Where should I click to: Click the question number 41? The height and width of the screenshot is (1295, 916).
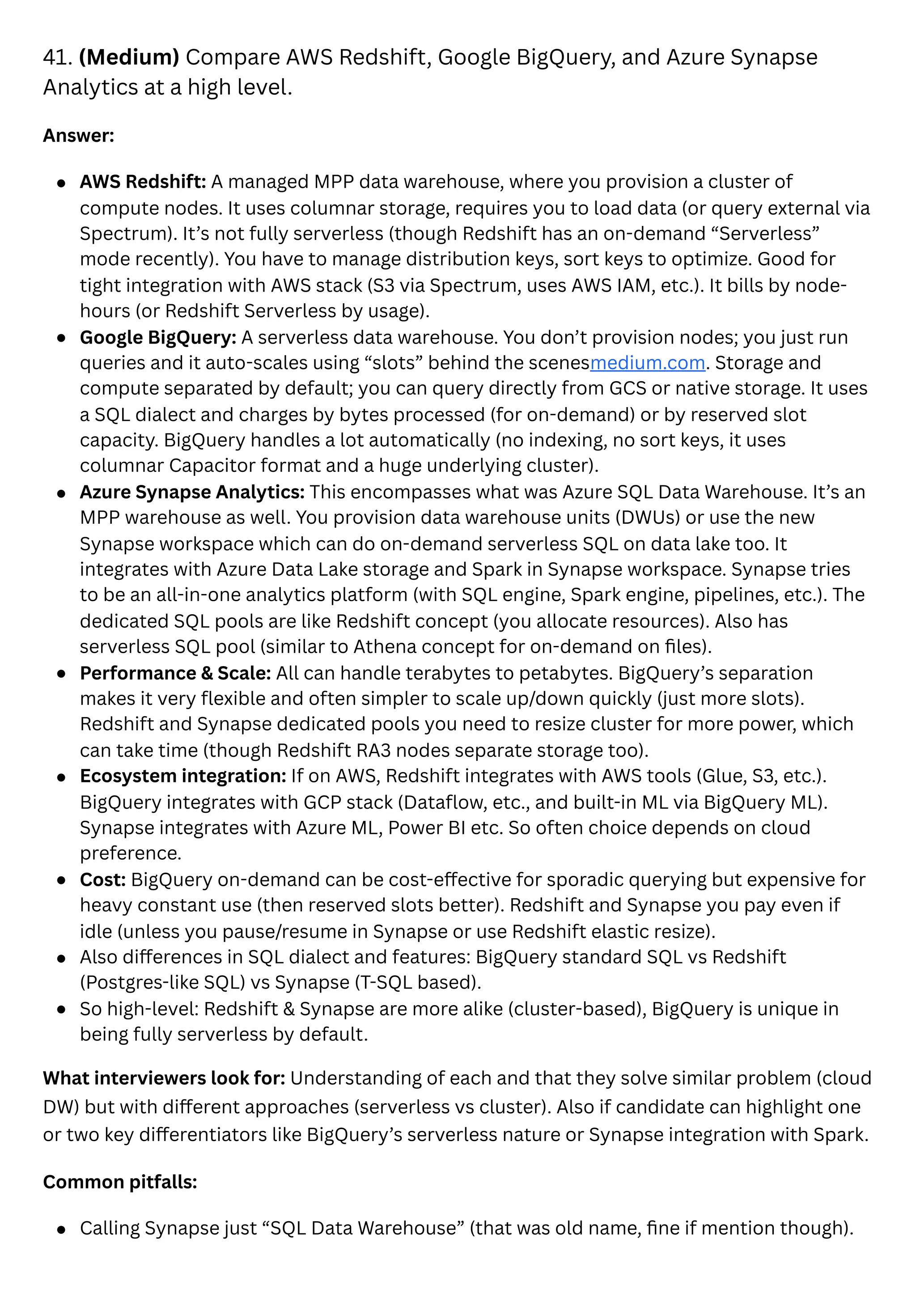click(57, 58)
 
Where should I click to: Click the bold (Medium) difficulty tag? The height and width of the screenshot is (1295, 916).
click(129, 58)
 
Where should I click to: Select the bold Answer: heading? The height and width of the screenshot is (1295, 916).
click(78, 136)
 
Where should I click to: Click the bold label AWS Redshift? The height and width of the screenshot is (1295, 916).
click(143, 182)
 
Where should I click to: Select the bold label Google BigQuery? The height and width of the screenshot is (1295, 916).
click(157, 337)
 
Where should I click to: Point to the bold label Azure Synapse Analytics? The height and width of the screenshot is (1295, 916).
click(192, 493)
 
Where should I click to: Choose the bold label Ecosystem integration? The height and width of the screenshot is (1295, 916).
click(183, 776)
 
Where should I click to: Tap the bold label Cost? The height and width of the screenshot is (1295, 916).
click(103, 880)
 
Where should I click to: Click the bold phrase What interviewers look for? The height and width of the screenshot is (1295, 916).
click(164, 1078)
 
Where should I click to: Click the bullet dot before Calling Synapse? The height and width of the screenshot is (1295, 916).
click(61, 1229)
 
